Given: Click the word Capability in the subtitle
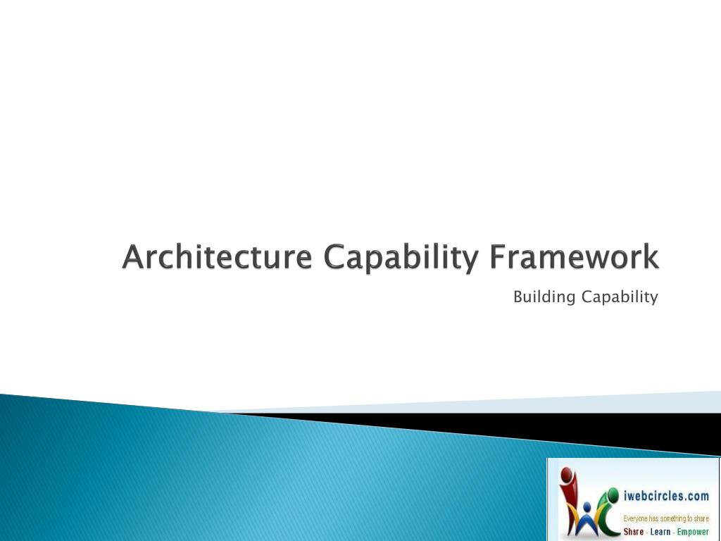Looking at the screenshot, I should pyautogui.click(x=620, y=298).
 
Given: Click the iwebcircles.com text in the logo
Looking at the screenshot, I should pyautogui.click(x=666, y=496).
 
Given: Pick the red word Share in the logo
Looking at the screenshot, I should pyautogui.click(x=634, y=532).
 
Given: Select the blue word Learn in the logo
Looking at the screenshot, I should pyautogui.click(x=660, y=532).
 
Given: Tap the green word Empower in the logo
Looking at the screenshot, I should pyautogui.click(x=693, y=532).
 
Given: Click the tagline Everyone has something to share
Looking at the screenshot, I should pyautogui.click(x=666, y=518).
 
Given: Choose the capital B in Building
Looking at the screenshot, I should pyautogui.click(x=518, y=297).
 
